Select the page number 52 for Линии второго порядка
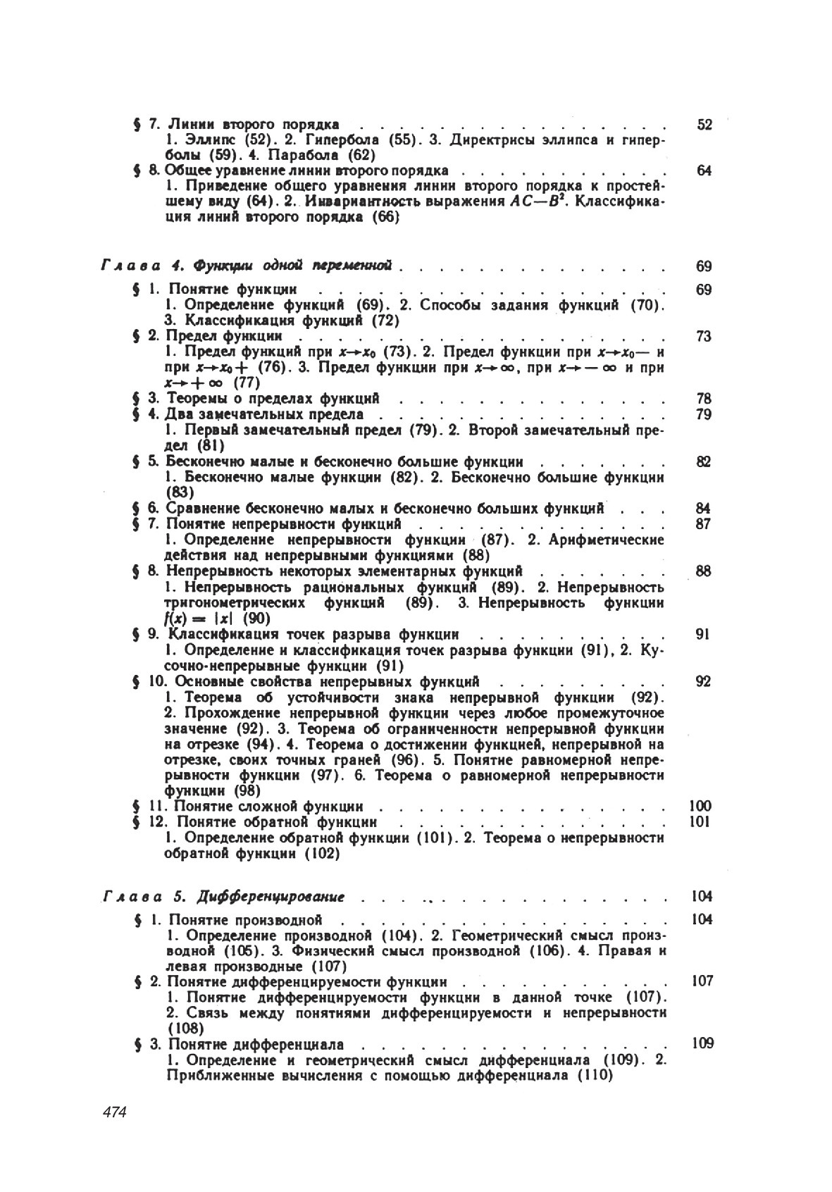point(704,125)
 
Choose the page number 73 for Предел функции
point(704,336)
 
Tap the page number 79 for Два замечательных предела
point(704,414)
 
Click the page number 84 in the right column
point(703,509)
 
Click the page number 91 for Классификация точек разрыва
point(702,634)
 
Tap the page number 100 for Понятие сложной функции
point(701,806)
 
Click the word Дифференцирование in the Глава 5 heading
point(272,897)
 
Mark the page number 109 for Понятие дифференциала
point(702,1043)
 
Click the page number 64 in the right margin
point(704,171)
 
